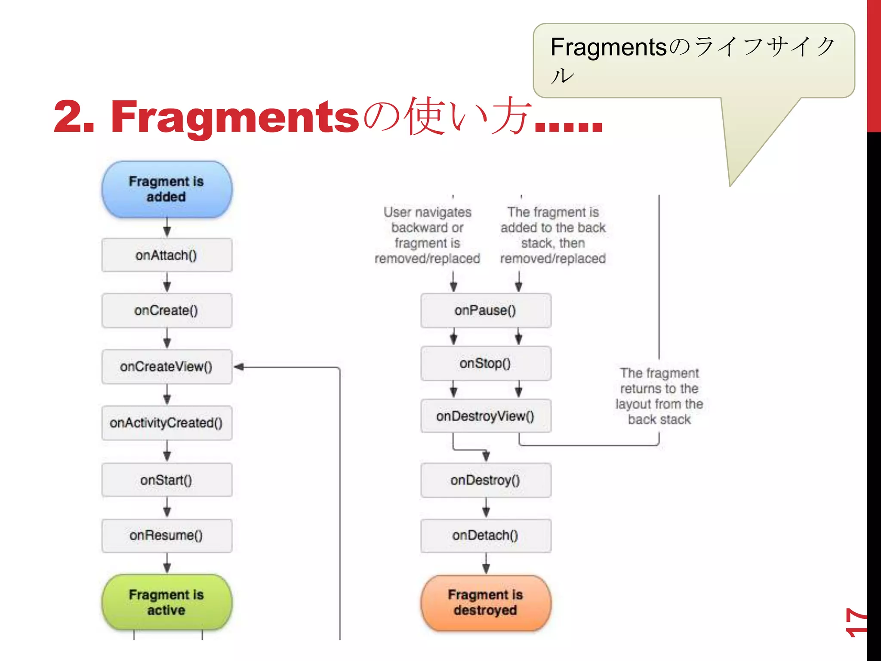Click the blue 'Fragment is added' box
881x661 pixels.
167,189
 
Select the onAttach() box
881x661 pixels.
167,255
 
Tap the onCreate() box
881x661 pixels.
167,310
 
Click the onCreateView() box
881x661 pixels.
167,367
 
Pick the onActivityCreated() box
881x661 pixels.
167,423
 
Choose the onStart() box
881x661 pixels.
167,480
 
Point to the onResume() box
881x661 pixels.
167,535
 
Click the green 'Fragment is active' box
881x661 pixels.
167,602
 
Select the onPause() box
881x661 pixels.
486,310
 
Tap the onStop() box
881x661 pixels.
486,363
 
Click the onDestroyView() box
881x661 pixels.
486,416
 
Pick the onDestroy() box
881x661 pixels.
486,480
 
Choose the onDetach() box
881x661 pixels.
486,535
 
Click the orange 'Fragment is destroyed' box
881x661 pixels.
486,602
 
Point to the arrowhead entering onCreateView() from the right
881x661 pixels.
239,367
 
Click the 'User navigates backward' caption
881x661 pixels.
427,235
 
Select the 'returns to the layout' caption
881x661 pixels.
659,396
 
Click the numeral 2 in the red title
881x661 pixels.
69,116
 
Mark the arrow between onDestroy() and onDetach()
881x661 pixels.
486,508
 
